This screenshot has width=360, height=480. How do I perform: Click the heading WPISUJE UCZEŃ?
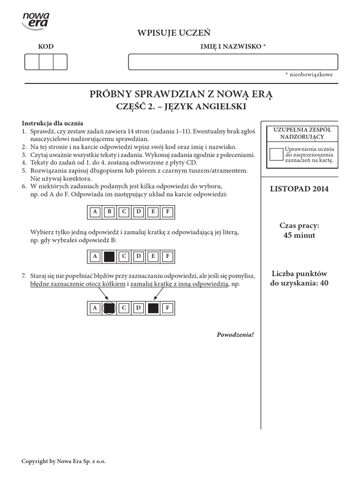point(173,32)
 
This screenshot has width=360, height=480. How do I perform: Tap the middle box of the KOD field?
point(46,62)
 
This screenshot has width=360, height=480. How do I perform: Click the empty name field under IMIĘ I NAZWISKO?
point(233,62)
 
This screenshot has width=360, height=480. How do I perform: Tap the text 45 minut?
point(300,235)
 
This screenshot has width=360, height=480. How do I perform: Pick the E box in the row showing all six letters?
point(153,212)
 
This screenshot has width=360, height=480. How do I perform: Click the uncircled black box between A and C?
point(109,256)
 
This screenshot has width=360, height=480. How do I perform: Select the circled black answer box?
point(109,308)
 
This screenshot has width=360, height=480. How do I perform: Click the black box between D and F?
point(153,308)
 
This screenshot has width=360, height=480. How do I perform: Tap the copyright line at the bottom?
point(64,461)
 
